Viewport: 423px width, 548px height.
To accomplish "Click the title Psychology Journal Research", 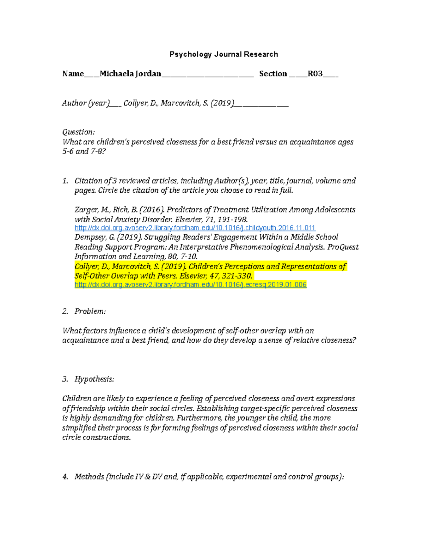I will (223, 54).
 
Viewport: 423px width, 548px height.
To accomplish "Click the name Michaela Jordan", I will (130, 74).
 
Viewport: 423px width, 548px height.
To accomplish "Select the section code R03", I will (315, 74).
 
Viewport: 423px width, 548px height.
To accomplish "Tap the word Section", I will (273, 74).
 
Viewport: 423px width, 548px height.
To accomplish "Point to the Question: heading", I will (78, 132).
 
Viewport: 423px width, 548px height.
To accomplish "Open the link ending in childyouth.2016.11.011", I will (195, 228).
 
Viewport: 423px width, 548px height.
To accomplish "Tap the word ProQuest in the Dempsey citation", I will (343, 247).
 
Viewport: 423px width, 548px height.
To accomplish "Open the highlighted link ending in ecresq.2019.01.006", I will (190, 285).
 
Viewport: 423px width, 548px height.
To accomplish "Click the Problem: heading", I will (90, 311).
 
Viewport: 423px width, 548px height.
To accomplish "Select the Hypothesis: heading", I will (94, 379).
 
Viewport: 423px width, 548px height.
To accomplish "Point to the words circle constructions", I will (96, 438).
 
